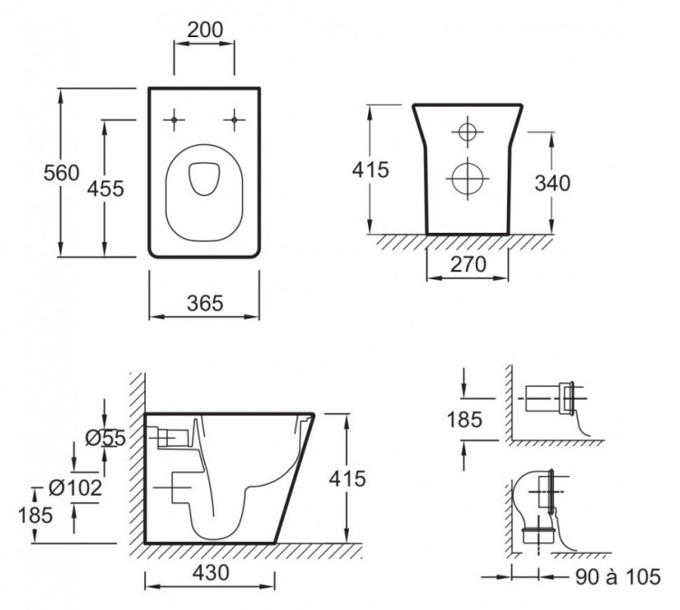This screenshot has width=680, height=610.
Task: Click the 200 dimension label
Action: click(x=205, y=30)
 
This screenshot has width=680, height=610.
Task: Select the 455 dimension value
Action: click(x=105, y=188)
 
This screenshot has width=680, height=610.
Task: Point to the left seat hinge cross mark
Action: click(x=173, y=119)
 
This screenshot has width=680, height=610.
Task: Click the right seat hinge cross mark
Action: click(x=236, y=119)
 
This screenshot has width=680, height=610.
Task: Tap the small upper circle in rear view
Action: click(x=467, y=132)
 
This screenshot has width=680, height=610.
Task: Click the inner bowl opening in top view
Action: click(x=203, y=177)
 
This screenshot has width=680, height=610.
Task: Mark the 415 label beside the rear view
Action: click(x=370, y=169)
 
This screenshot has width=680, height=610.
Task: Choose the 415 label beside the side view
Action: click(x=348, y=479)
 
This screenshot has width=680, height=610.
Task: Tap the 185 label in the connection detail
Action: click(x=463, y=419)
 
